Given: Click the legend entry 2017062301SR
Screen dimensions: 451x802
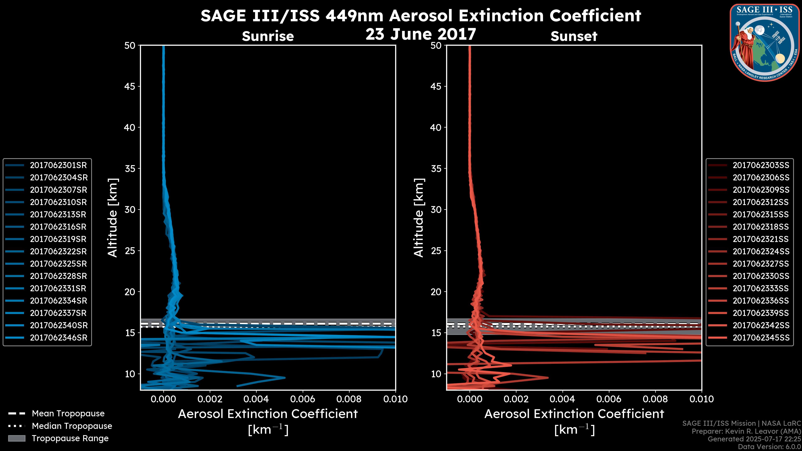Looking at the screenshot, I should coord(58,165).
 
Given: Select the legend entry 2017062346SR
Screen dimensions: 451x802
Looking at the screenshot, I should coord(58,338).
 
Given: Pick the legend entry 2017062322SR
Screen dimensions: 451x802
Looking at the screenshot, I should coord(58,251).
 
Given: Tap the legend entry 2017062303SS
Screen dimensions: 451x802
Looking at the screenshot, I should coord(761,165).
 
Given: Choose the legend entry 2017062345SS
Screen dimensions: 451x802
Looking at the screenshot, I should coord(761,338).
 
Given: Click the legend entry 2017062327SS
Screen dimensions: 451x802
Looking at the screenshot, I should coord(761,264).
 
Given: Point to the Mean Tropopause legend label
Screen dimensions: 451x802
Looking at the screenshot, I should coord(68,413).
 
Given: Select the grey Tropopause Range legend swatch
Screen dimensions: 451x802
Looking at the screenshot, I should coord(17,438).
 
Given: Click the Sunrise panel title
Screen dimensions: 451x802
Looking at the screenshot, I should coord(268,36).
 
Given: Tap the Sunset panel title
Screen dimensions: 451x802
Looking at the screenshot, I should coord(574,36).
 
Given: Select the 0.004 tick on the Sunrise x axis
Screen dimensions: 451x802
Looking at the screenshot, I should coord(256,399).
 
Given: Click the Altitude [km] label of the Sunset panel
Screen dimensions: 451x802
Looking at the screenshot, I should coord(419,218).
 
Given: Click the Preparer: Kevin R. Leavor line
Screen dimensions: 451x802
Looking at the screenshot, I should coord(746,431).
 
